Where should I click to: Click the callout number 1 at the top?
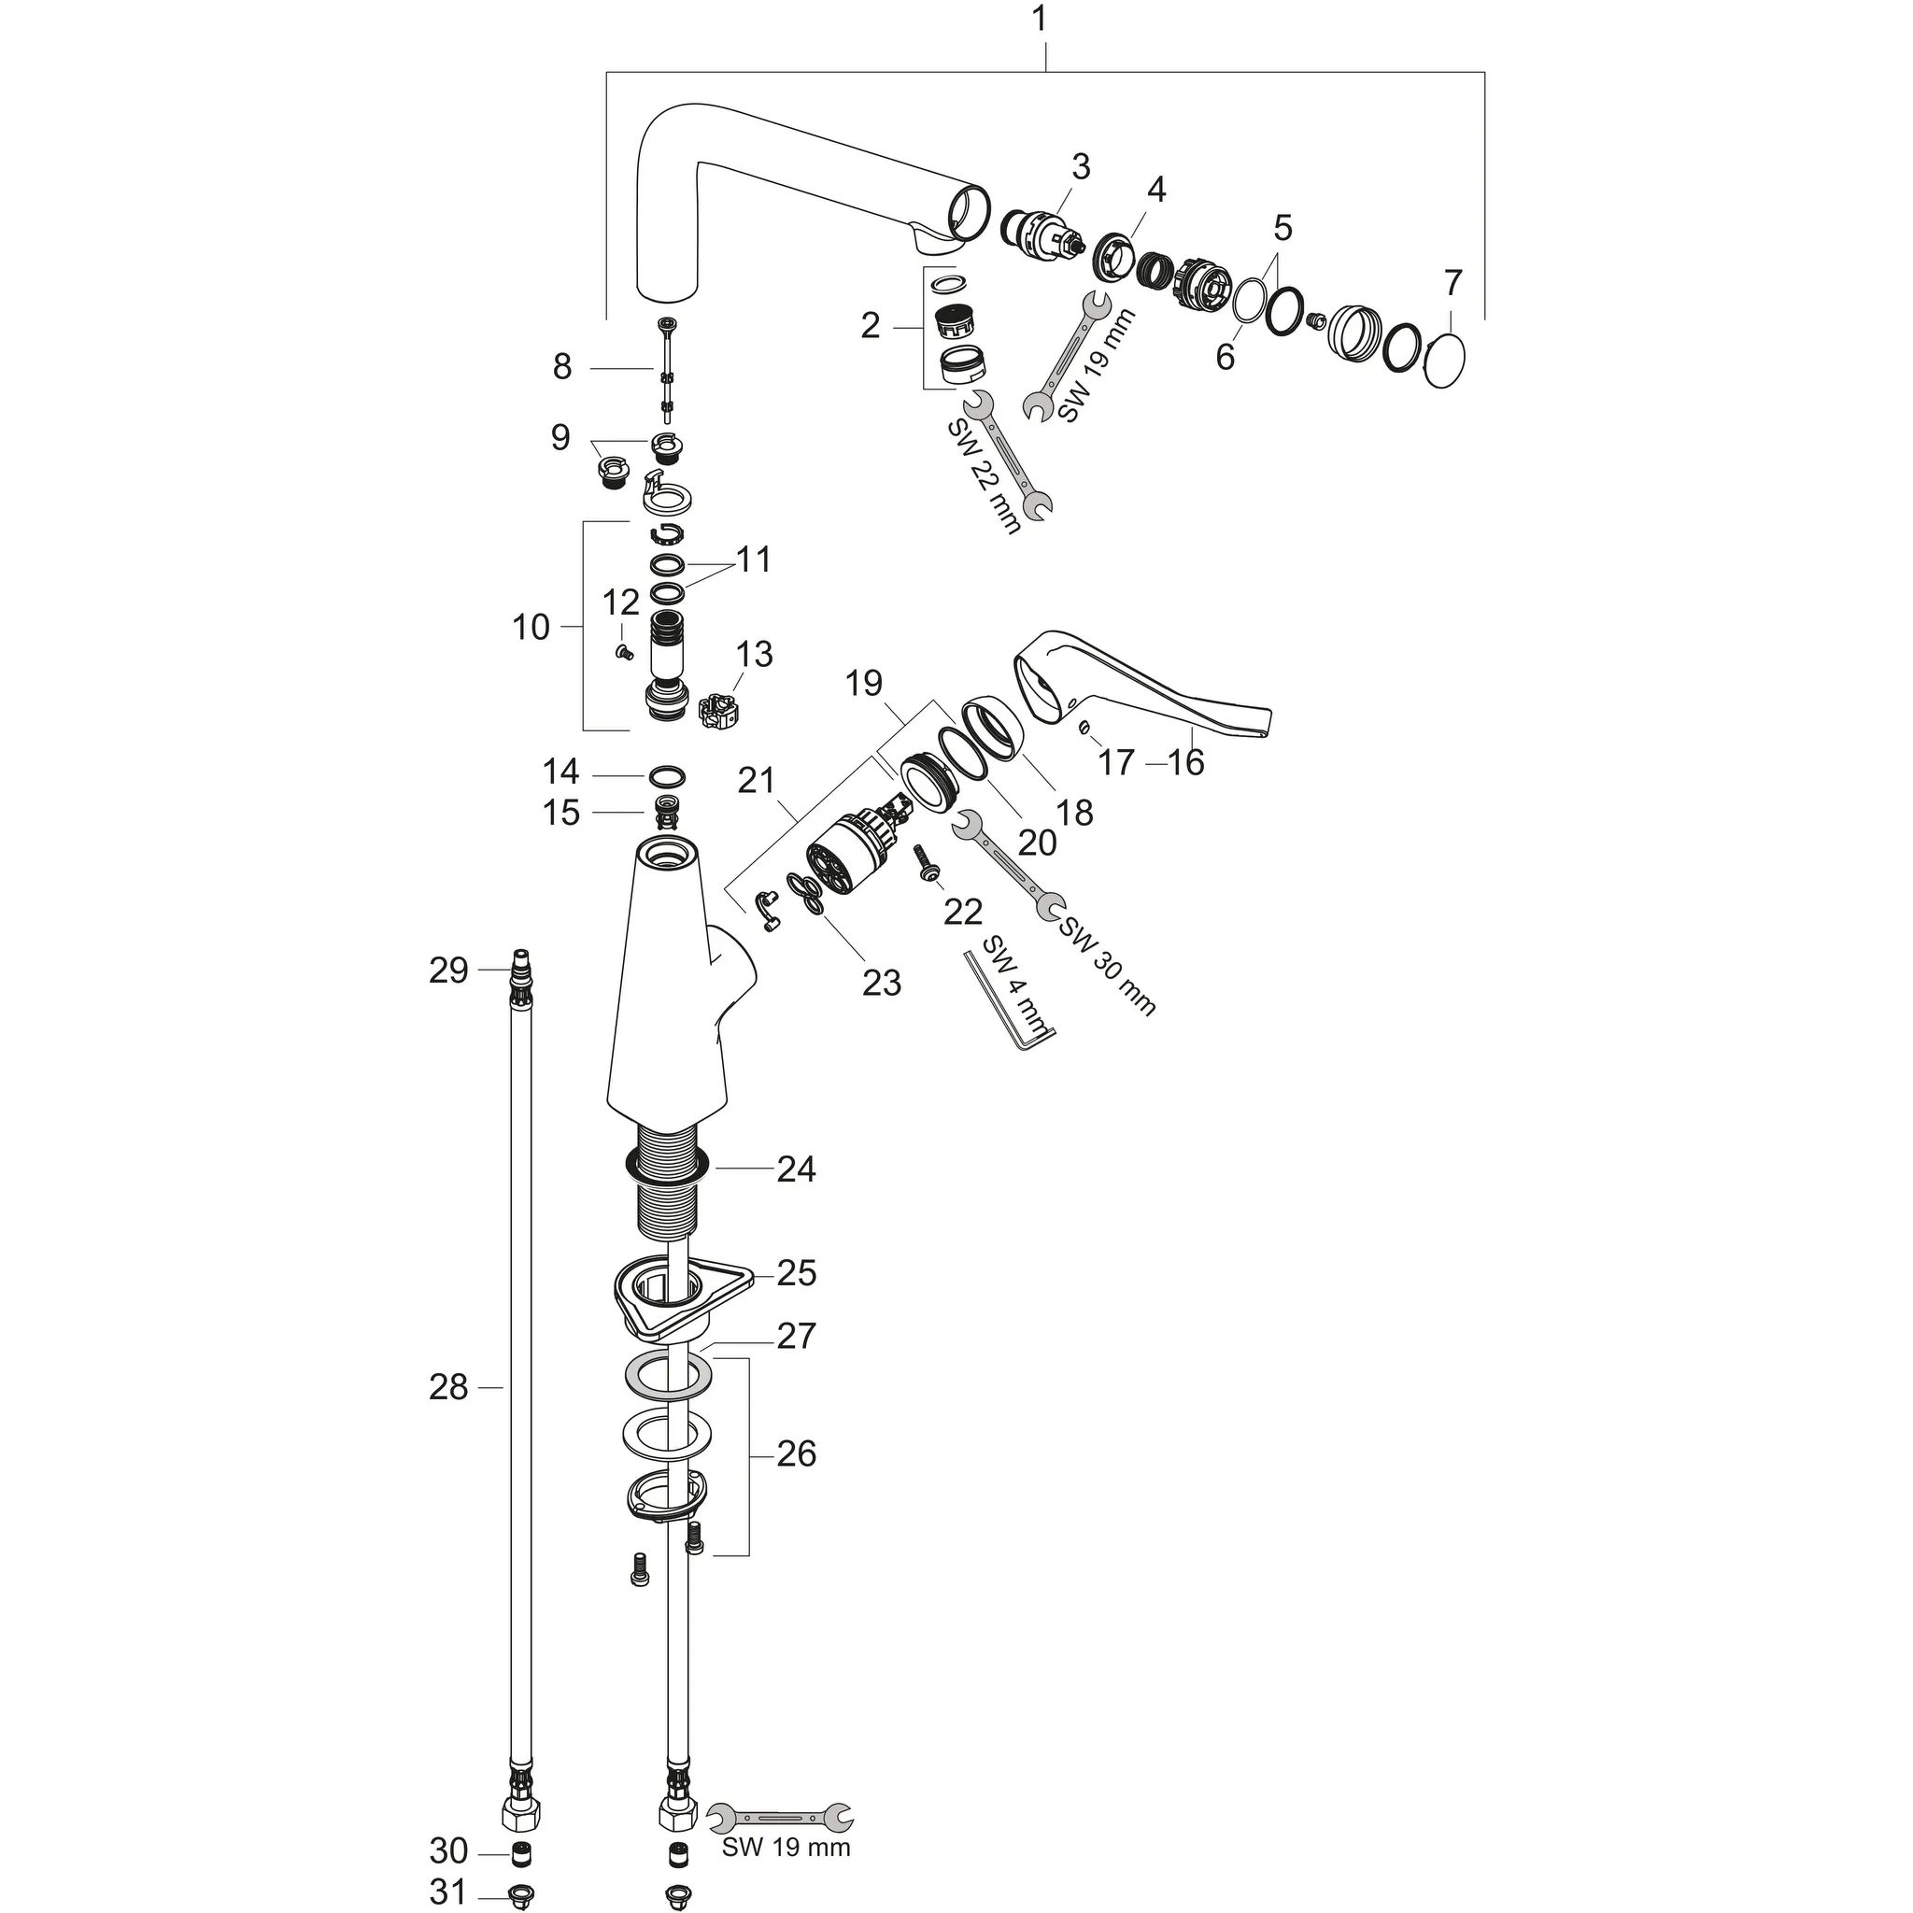coord(1039,21)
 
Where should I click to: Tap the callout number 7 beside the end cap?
coord(1452,284)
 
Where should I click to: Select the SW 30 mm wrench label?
coord(1107,967)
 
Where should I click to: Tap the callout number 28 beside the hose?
coord(447,1388)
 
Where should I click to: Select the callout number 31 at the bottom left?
coord(447,1892)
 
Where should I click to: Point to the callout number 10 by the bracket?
coord(531,627)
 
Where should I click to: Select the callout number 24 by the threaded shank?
coord(795,1169)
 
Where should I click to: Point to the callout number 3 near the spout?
coord(1081,167)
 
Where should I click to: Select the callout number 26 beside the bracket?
coord(795,1454)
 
